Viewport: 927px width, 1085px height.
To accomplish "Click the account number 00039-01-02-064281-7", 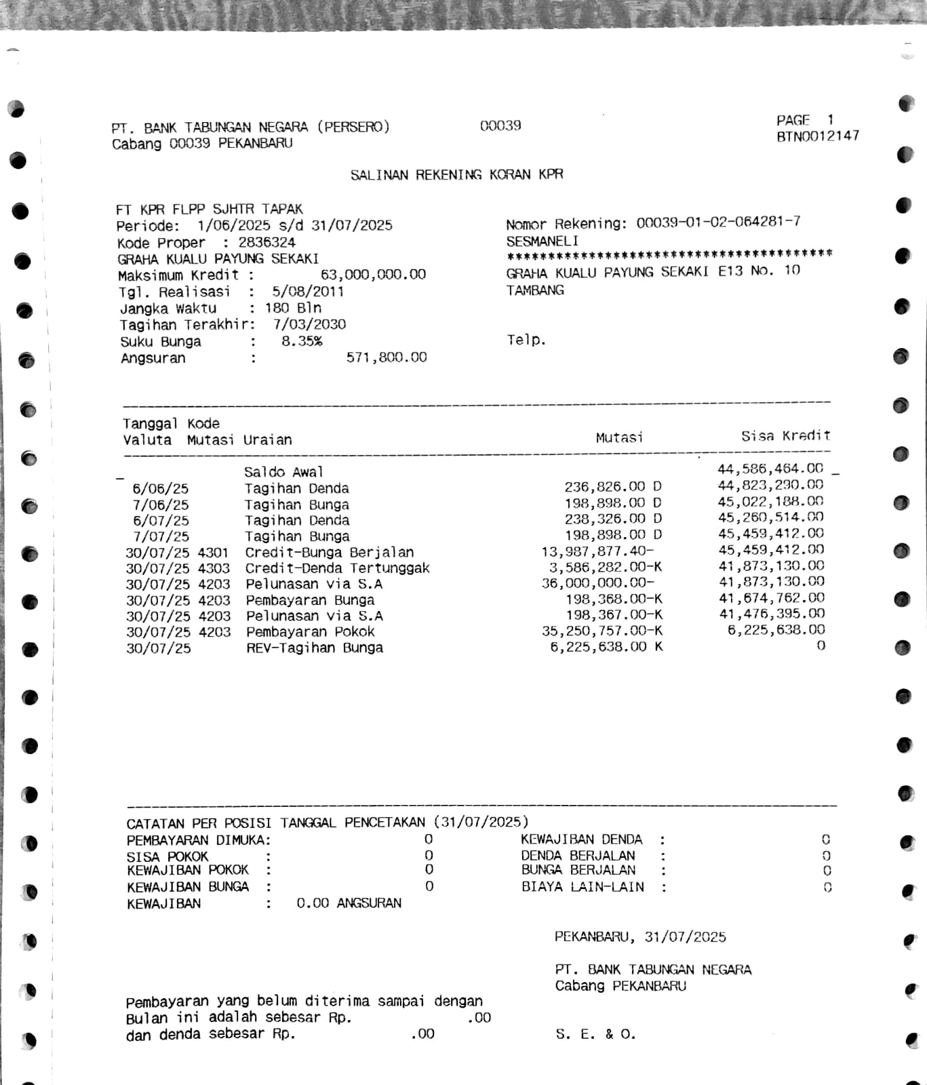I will click(x=718, y=222).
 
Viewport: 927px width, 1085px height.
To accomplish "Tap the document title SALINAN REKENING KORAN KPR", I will click(x=456, y=175).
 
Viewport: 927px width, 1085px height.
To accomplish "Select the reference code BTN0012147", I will click(x=818, y=136).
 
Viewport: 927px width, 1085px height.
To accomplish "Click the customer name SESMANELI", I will click(x=542, y=241).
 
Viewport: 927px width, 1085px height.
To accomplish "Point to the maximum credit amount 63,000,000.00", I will click(x=373, y=275).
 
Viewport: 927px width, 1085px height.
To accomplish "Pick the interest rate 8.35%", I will click(x=302, y=341).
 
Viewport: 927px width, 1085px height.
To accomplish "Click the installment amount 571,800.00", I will click(x=387, y=357).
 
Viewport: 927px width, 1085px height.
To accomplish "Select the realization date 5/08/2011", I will click(x=308, y=292).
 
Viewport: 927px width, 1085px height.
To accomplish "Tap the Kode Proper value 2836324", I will click(x=267, y=242).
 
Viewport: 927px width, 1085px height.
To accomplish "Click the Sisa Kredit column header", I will click(x=785, y=436).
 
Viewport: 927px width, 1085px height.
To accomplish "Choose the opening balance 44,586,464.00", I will click(x=770, y=469).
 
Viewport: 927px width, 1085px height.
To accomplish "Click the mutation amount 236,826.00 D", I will click(x=613, y=486).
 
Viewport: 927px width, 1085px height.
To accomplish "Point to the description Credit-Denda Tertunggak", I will click(x=337, y=568).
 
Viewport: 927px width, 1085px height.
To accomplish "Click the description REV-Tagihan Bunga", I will click(x=315, y=648).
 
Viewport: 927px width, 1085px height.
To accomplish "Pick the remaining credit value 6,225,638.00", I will click(x=776, y=630).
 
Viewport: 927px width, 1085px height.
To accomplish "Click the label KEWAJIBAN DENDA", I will click(x=581, y=840).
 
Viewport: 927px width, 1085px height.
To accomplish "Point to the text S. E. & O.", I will click(x=595, y=1035).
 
